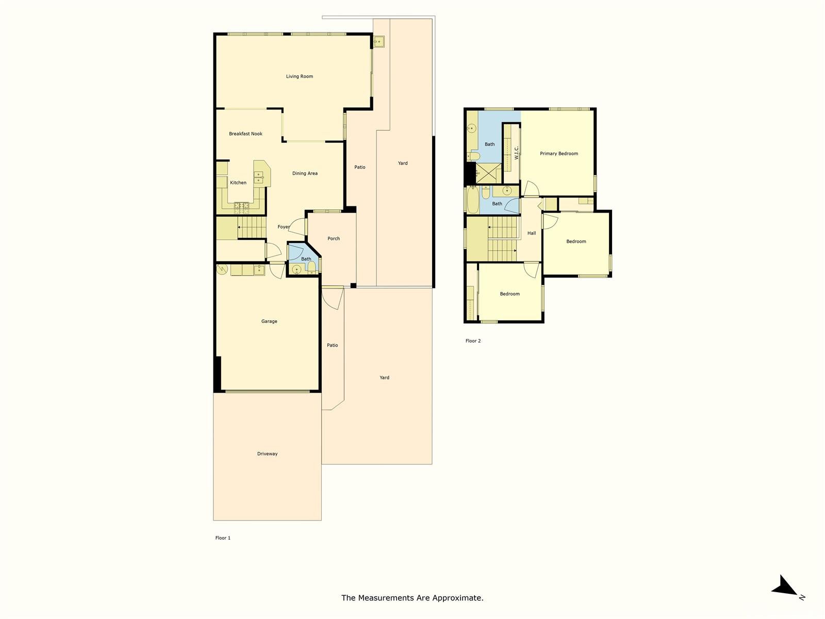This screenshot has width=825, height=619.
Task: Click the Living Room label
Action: coord(299,76)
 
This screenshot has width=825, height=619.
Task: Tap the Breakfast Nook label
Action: coord(245,134)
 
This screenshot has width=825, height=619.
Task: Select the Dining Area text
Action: coord(305,173)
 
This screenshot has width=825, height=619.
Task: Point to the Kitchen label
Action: coord(238,183)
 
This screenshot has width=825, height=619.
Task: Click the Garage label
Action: coord(269,321)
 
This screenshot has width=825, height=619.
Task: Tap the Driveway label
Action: coord(267,453)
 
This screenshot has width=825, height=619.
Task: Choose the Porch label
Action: coord(334,239)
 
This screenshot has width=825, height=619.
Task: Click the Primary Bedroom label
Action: coord(559,153)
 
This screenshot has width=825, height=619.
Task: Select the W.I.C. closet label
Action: coord(517,153)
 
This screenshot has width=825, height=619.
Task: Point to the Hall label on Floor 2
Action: coord(532,233)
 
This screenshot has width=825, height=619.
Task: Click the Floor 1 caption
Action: coord(223,538)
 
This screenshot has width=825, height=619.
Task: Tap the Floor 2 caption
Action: coord(473,341)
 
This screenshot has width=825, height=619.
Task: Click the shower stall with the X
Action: coord(489,174)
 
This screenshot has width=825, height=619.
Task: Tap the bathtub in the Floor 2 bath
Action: coord(472,200)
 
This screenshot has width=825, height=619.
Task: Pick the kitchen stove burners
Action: coord(241,206)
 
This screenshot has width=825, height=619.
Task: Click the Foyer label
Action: coord(284,226)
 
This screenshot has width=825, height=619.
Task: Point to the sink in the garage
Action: coord(259,269)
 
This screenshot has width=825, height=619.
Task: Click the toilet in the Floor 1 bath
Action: coord(311,267)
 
